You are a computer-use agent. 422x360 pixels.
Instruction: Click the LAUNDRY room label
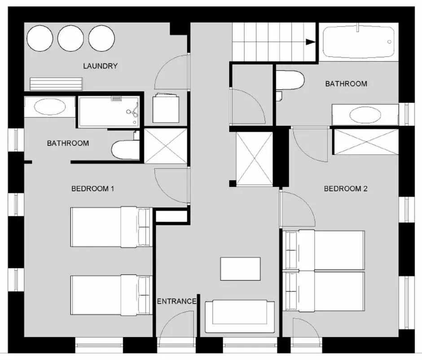[x=101, y=66]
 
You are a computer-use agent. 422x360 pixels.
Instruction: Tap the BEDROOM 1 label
[x=93, y=189]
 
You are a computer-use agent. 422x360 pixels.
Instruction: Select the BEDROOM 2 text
[x=346, y=189]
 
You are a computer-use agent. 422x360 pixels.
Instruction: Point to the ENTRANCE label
[x=176, y=301]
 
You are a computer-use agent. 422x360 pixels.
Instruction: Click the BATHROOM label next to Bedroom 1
[x=68, y=143]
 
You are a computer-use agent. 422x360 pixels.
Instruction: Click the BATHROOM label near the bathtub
[x=346, y=83]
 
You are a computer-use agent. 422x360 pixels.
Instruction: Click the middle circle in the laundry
[x=71, y=38]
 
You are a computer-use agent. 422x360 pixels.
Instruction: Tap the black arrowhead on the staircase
[x=311, y=42]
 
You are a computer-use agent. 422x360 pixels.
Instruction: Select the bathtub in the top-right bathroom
[x=359, y=41]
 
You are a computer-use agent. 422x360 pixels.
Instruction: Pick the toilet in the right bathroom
[x=290, y=80]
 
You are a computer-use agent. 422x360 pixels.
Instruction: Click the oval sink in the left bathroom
[x=50, y=107]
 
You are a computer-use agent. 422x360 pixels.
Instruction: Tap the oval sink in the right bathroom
[x=365, y=115]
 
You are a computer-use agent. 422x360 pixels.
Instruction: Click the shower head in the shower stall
[x=133, y=111]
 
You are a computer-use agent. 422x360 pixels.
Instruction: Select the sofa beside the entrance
[x=240, y=316]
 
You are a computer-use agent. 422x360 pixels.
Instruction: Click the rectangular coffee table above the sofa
[x=240, y=269]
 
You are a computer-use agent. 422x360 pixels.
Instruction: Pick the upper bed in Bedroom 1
[x=111, y=227]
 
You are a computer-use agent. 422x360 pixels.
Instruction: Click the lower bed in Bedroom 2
[x=324, y=291]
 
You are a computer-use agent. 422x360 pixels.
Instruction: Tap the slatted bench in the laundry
[x=56, y=84]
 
